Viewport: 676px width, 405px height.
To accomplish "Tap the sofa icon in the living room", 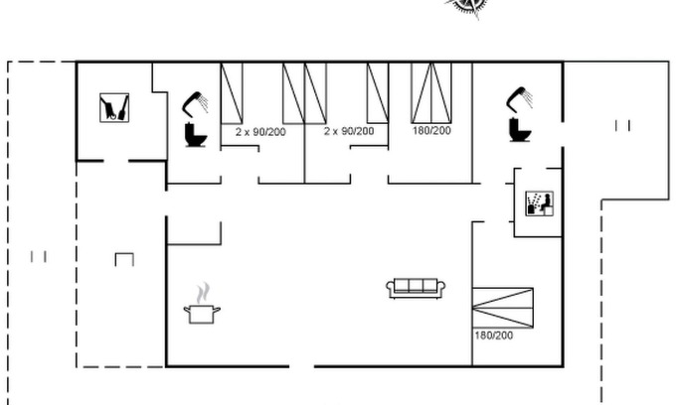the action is pyautogui.click(x=416, y=288).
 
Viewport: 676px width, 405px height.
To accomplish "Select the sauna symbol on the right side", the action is pyautogui.click(x=540, y=203).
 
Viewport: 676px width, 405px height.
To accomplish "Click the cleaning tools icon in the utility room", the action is pyautogui.click(x=114, y=107).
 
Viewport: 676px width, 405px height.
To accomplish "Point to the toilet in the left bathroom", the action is pyautogui.click(x=196, y=135).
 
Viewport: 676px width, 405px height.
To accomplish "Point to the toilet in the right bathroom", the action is pyautogui.click(x=520, y=129).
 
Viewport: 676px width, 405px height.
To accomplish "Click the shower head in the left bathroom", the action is pyautogui.click(x=195, y=103).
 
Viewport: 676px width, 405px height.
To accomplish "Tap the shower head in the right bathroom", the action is pyautogui.click(x=520, y=99).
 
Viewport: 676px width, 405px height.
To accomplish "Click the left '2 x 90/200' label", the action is pyautogui.click(x=260, y=132).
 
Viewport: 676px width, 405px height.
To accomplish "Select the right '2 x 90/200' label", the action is pyautogui.click(x=349, y=131).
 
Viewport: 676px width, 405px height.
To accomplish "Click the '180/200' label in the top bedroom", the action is pyautogui.click(x=431, y=130).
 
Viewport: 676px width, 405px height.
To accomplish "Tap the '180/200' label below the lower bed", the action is pyautogui.click(x=494, y=336).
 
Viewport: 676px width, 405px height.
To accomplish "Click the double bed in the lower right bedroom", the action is pyautogui.click(x=503, y=308).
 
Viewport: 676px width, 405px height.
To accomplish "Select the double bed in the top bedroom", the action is pyautogui.click(x=431, y=93).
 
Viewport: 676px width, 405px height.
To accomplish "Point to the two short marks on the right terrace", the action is pyautogui.click(x=623, y=126).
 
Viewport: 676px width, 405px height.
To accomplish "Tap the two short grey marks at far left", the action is pyautogui.click(x=39, y=257).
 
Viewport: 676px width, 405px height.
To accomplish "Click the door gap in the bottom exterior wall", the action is pyautogui.click(x=302, y=366).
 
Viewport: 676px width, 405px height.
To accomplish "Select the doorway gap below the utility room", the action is pyautogui.click(x=116, y=161).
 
